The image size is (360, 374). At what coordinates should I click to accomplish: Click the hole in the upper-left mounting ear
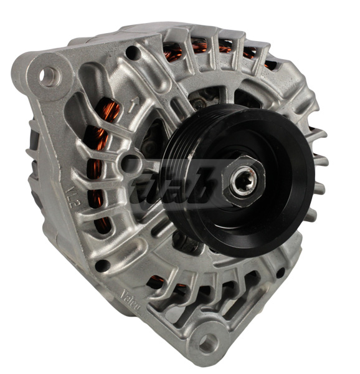(x=49, y=76)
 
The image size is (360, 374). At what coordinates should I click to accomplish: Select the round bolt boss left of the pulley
(x=133, y=163)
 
